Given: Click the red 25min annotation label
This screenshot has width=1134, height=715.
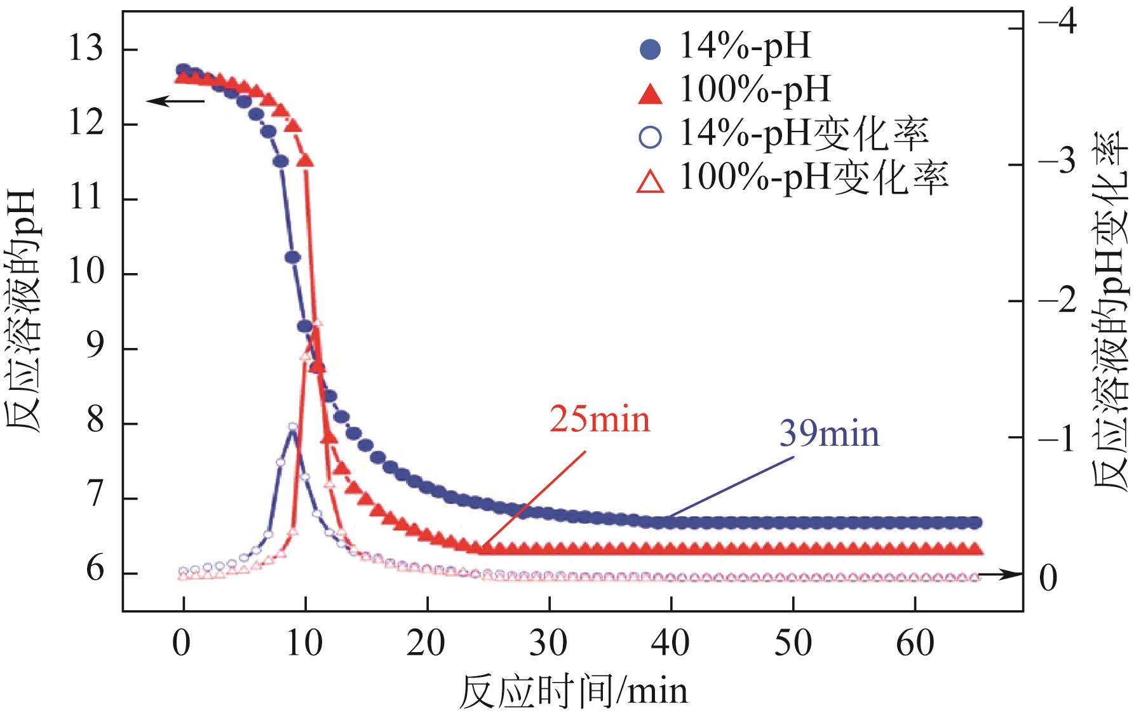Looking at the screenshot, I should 600,420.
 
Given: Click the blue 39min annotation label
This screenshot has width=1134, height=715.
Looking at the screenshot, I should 829,434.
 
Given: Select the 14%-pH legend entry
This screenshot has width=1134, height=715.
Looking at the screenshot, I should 724,47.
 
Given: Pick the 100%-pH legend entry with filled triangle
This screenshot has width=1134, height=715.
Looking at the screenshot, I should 734,90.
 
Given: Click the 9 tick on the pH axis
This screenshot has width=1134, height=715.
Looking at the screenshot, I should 95,349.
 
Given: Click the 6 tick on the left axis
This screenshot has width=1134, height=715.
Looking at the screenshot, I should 95,572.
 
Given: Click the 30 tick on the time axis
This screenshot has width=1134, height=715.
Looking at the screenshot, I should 549,643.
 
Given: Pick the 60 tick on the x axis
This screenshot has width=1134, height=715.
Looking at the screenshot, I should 915,643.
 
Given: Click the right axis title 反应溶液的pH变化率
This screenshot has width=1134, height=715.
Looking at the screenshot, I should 1112,311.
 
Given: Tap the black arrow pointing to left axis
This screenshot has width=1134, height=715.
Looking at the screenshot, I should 175,100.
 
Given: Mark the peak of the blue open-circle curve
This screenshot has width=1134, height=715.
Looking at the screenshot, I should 293,427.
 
